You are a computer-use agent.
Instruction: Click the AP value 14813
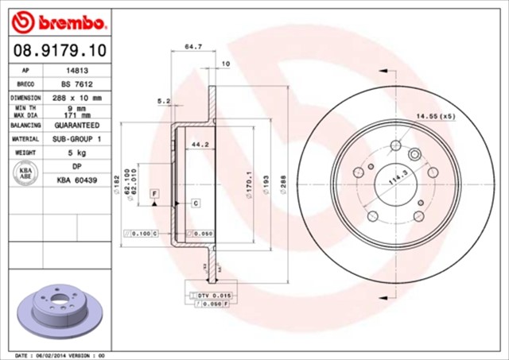pyautogui.click(x=76, y=70)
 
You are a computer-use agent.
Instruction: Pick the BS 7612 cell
pyautogui.click(x=76, y=83)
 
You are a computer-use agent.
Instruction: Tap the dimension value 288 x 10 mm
pyautogui.click(x=76, y=98)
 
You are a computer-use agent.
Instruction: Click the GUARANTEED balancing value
pyautogui.click(x=76, y=126)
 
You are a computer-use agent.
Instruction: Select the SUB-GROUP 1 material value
pyautogui.click(x=76, y=139)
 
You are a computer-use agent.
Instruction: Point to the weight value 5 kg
pyautogui.click(x=76, y=153)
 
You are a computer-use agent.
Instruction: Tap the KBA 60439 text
pyautogui.click(x=76, y=181)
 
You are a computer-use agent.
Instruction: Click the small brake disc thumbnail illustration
pyautogui.click(x=55, y=306)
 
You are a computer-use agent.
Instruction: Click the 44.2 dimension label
pyautogui.click(x=200, y=145)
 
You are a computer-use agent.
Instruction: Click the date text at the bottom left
pyautogui.click(x=60, y=355)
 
